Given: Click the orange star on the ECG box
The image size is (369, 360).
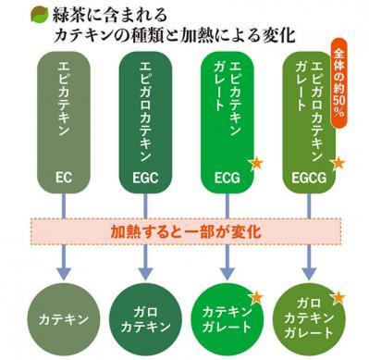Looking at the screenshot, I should (x=256, y=163).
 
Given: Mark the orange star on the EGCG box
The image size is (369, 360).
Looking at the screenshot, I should (x=338, y=163).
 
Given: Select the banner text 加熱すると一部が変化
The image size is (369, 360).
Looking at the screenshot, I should (x=185, y=229).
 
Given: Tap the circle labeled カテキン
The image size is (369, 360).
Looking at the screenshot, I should (x=64, y=319).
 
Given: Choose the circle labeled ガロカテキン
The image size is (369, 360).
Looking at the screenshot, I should (x=145, y=319).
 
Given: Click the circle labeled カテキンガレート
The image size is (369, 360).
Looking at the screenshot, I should (x=226, y=319).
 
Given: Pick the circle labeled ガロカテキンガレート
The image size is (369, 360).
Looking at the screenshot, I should (x=307, y=320).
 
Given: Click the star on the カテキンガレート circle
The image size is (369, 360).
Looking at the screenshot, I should (x=257, y=296).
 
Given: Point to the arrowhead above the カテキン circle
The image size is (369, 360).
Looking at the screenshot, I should (x=64, y=275).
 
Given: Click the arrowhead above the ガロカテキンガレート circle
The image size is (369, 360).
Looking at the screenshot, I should (x=307, y=275).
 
